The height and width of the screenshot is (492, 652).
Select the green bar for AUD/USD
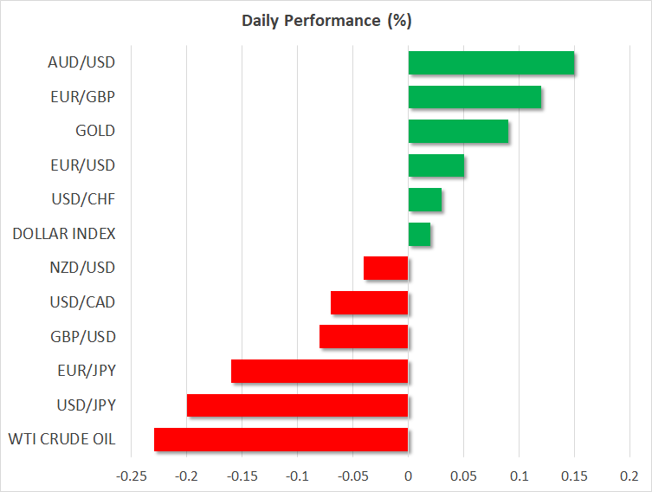pos(491,63)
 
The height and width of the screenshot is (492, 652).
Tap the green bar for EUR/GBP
pos(474,97)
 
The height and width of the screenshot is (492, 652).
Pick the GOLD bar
pos(458,131)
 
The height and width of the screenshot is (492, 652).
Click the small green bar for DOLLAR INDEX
pos(419,234)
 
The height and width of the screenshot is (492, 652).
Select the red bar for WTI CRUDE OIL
pos(281,439)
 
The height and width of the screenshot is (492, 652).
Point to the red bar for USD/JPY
pos(297,405)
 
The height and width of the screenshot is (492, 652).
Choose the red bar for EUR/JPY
pos(320,371)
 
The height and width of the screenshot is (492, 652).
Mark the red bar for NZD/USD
pos(385,269)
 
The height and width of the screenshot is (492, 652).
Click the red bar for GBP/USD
pos(364,337)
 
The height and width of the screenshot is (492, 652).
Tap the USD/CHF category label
pos(83,199)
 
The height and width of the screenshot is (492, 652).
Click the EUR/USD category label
pos(83,165)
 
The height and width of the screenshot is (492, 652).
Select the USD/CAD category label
pos(83,302)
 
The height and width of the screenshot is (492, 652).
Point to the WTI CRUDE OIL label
pos(63,439)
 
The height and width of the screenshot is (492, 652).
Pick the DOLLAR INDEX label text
pos(64,234)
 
